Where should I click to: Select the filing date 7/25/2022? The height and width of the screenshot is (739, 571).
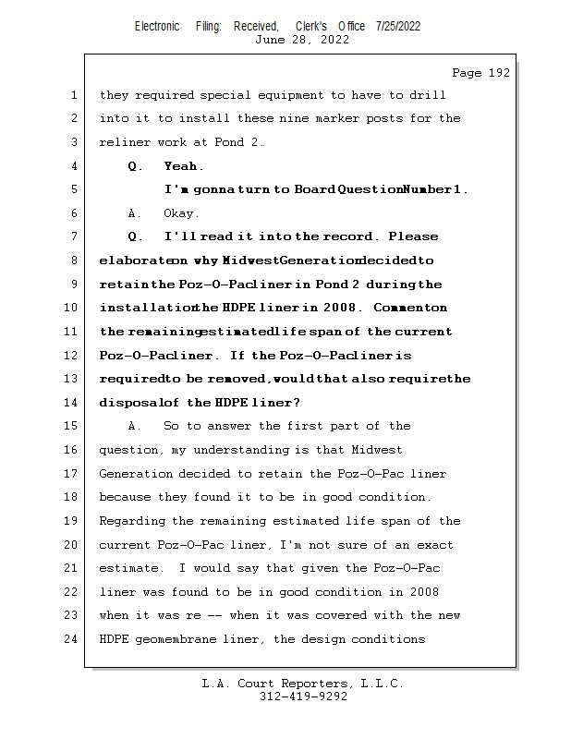coord(398,26)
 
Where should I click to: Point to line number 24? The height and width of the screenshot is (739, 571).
coord(72,638)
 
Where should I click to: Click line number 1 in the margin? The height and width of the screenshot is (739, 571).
coord(72,94)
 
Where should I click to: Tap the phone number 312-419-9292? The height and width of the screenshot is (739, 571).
coord(303,697)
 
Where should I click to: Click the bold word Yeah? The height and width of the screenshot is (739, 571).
coord(183,166)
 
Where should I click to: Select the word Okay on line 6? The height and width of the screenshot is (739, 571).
coord(181,213)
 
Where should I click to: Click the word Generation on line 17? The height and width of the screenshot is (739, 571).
coord(135,473)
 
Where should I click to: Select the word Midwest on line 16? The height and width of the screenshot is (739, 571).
coord(376,450)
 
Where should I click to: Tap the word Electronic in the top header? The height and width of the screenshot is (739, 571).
coord(157,26)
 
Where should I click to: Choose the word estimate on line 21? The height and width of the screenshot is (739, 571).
coord(128,567)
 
